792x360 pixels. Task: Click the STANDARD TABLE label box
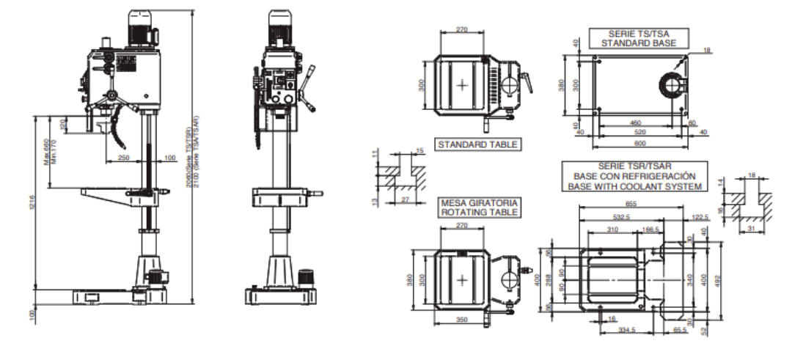coord(477,145)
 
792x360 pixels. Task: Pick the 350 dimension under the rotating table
coord(462,320)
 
